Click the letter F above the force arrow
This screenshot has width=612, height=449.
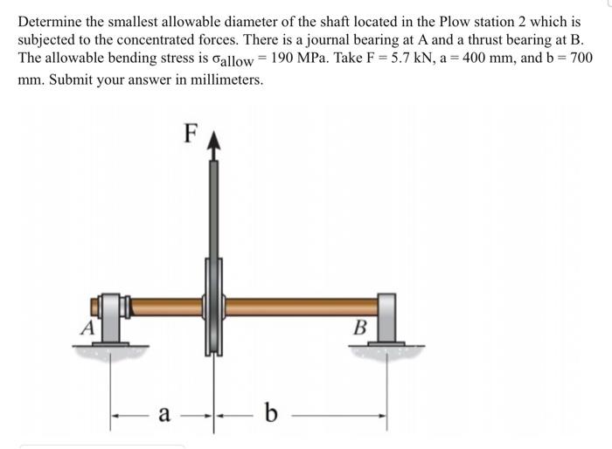191,133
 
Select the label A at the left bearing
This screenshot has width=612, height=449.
87,328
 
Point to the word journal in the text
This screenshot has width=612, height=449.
332,39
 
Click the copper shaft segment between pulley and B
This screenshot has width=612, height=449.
302,306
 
